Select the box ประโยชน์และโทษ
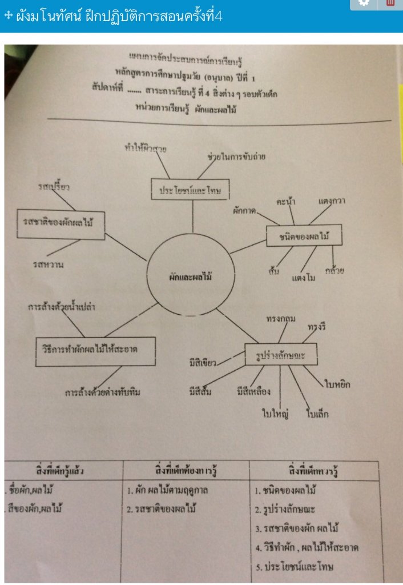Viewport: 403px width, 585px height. pyautogui.click(x=190, y=189)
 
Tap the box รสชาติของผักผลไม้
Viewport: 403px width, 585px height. pyautogui.click(x=61, y=223)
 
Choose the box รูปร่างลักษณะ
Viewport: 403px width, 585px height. pyautogui.click(x=280, y=355)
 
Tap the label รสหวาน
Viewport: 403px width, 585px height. pyautogui.click(x=48, y=265)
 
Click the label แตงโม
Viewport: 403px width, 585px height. pyautogui.click(x=304, y=278)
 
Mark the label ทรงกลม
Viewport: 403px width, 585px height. pyautogui.click(x=280, y=319)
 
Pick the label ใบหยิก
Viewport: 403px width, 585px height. pyautogui.click(x=337, y=384)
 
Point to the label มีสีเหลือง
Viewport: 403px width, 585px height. pyautogui.click(x=253, y=391)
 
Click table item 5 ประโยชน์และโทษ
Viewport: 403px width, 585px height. pyautogui.click(x=297, y=568)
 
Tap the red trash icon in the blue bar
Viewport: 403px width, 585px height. pyautogui.click(x=390, y=3)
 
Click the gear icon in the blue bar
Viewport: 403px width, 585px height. pyautogui.click(x=364, y=3)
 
